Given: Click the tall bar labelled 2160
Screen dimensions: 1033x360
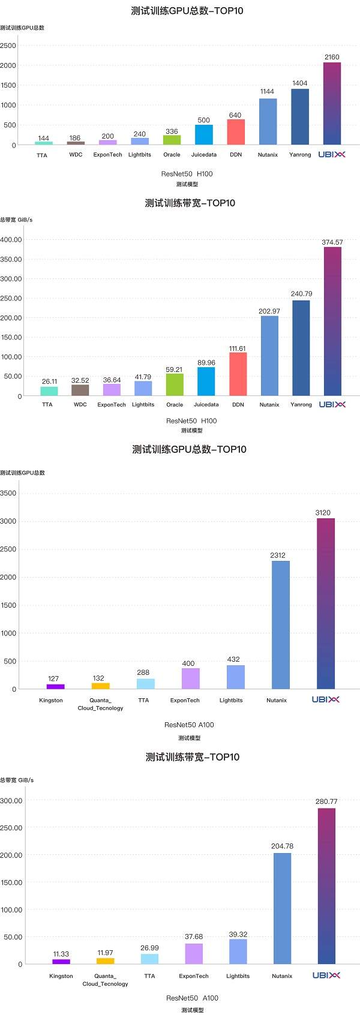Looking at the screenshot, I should pyautogui.click(x=332, y=103).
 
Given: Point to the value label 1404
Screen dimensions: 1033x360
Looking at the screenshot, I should pyautogui.click(x=300, y=83).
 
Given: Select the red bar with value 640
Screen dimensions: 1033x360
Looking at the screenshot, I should pyautogui.click(x=236, y=132).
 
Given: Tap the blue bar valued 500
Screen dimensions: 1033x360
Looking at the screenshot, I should pyautogui.click(x=204, y=135).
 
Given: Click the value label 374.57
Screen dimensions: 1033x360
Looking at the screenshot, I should pyautogui.click(x=332, y=242).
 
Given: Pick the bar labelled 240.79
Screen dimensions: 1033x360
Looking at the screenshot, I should pyautogui.click(x=301, y=348).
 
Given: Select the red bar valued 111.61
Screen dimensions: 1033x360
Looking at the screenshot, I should pyautogui.click(x=238, y=374).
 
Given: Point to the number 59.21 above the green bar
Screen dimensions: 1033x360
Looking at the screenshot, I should pyautogui.click(x=175, y=370).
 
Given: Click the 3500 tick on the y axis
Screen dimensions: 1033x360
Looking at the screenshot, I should pyautogui.click(x=8, y=494).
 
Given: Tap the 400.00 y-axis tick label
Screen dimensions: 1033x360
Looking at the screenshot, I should pyautogui.click(x=11, y=240).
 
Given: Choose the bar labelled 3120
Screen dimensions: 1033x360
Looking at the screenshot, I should pyautogui.click(x=326, y=603).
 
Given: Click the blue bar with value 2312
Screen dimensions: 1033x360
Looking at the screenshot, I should pyautogui.click(x=281, y=625).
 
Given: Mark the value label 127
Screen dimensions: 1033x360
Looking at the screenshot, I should pyautogui.click(x=53, y=678).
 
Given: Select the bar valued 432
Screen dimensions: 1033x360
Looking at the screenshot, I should pyautogui.click(x=236, y=677).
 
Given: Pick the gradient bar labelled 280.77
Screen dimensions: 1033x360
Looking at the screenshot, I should pyautogui.click(x=326, y=886).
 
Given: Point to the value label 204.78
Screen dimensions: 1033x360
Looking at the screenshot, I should pyautogui.click(x=282, y=846).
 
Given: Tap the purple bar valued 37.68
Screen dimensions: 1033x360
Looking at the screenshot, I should pyautogui.click(x=194, y=954).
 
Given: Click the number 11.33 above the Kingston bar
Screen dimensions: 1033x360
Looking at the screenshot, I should pyautogui.click(x=61, y=954).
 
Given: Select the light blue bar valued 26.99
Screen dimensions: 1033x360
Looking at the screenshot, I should pyautogui.click(x=149, y=959).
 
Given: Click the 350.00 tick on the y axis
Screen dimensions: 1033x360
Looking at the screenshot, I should pyautogui.click(x=11, y=259).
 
